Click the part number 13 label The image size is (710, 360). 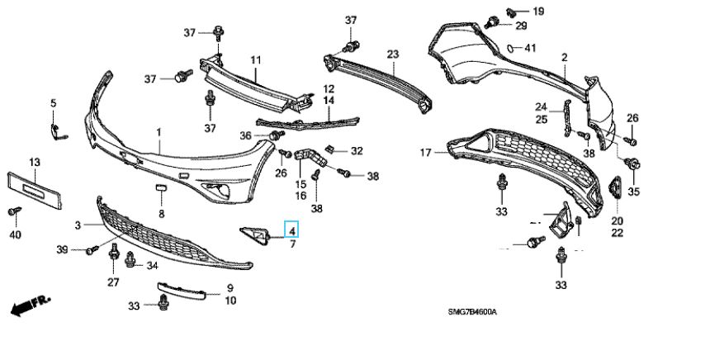point(35,162)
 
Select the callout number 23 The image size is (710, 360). point(393,54)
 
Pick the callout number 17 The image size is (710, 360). point(426,153)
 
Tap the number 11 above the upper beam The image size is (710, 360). point(256,60)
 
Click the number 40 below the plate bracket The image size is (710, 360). point(15,235)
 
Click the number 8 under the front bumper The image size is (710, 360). point(162,215)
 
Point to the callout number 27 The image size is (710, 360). point(112,282)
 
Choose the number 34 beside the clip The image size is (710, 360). point(152,266)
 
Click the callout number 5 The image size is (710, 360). point(54,103)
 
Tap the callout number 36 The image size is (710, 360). point(245,135)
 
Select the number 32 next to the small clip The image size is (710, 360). point(357,151)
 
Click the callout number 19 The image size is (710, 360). point(539,12)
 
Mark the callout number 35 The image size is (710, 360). point(634,192)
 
